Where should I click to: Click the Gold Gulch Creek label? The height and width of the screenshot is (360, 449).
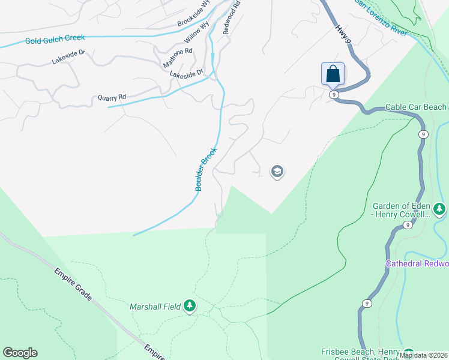[x=55, y=40]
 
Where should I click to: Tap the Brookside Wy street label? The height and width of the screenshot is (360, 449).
[x=194, y=14]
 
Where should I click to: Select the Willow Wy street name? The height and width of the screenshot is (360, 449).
[x=196, y=32]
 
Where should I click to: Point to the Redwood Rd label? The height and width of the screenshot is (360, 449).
[x=232, y=16]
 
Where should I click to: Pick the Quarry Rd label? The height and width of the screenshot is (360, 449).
[x=112, y=97]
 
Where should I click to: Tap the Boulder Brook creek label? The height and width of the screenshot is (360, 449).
[x=205, y=171]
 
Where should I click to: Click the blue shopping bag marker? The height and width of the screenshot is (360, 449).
[x=333, y=74]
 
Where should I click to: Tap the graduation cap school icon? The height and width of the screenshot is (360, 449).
[x=277, y=172]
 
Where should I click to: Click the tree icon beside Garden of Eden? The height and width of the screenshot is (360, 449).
[x=440, y=209]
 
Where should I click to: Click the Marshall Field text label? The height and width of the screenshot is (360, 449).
[x=155, y=307]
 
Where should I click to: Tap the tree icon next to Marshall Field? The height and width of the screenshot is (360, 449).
[x=190, y=307]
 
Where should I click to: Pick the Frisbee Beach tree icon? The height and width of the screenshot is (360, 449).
[x=409, y=353]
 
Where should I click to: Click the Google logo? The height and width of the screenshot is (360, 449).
[x=20, y=353]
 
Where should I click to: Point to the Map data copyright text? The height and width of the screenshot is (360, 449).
[x=423, y=355]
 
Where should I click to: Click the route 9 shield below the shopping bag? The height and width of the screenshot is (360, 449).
[x=334, y=95]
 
